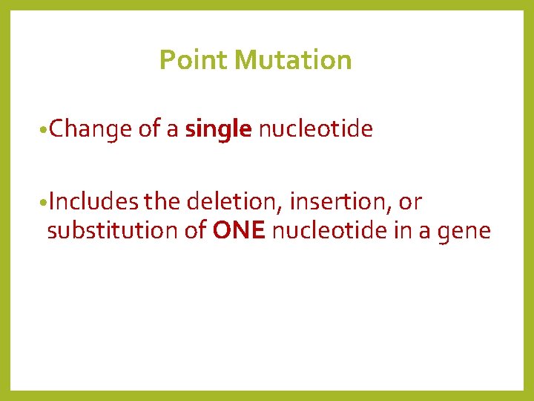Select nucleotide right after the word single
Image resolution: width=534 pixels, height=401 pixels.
(x=315, y=130)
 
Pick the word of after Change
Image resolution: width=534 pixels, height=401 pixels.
(x=149, y=130)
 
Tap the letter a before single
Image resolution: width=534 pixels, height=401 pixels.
(x=172, y=131)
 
